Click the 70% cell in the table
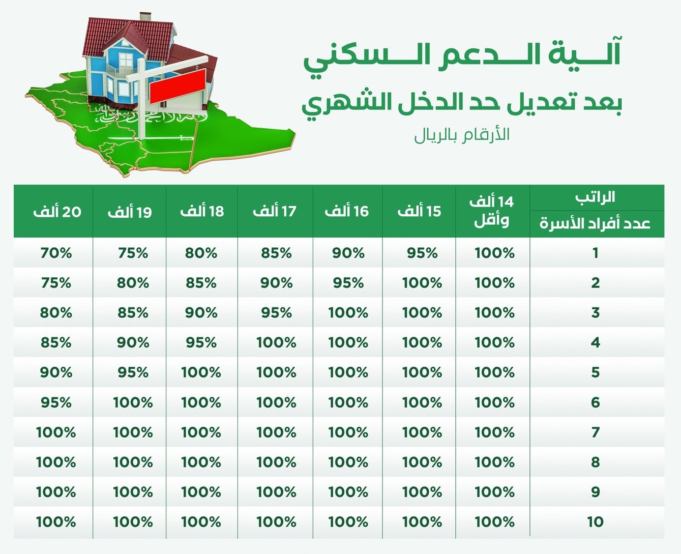(x=56, y=253)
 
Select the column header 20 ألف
(x=57, y=212)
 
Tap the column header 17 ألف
(x=275, y=211)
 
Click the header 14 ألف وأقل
(x=492, y=211)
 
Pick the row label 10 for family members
(x=596, y=521)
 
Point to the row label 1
(x=596, y=253)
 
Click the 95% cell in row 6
(x=56, y=402)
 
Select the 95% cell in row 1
(x=422, y=253)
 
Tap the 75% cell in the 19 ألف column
(x=133, y=253)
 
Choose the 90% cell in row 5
(x=56, y=372)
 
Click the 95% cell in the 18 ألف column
(x=201, y=342)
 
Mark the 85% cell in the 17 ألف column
(x=276, y=253)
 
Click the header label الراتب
(x=596, y=197)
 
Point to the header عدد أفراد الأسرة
(x=596, y=223)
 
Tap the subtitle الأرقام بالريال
(x=462, y=135)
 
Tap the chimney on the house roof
(x=145, y=18)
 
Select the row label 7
(x=596, y=432)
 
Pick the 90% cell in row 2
(x=276, y=283)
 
